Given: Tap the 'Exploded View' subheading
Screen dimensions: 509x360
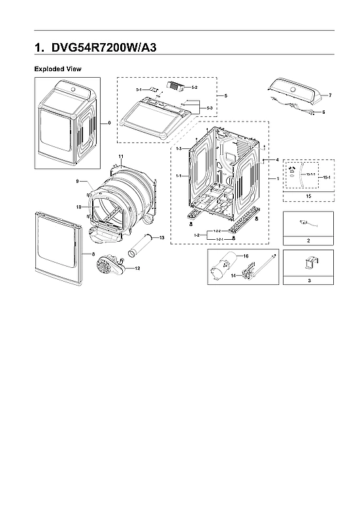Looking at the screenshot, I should tap(57, 69).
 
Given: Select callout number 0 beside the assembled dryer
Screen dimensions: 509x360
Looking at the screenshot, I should tap(108, 122).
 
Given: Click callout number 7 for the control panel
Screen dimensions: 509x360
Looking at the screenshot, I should tap(330, 95).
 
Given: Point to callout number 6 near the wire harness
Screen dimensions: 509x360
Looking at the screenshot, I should tap(323, 112).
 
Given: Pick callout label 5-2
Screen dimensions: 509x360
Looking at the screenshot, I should tap(195, 87).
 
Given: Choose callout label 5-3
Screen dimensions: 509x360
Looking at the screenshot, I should tap(209, 107).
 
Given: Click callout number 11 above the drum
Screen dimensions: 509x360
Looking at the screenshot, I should tap(120, 155).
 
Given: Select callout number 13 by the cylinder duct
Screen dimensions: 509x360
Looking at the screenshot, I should tap(161, 237).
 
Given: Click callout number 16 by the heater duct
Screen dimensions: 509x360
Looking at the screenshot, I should tap(247, 257).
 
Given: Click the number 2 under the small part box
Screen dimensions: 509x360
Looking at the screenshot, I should tap(309, 240).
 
